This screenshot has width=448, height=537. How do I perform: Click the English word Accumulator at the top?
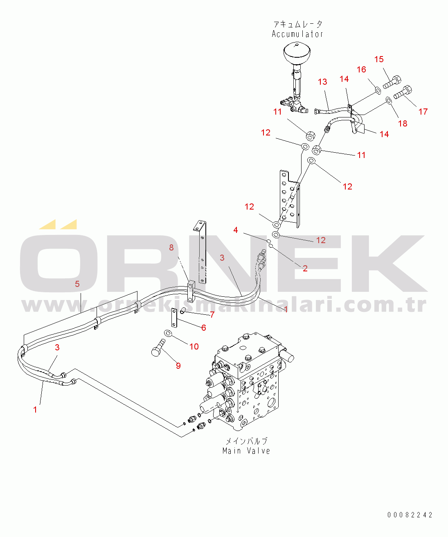[297, 34]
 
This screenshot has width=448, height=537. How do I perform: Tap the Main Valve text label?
[246, 451]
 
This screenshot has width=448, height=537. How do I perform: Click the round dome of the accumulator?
[297, 52]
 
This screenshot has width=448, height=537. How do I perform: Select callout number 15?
[379, 59]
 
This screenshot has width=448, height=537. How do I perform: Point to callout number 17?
[423, 111]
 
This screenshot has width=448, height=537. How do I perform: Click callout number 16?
[361, 70]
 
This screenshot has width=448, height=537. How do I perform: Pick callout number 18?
[403, 123]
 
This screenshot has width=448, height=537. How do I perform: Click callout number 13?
[322, 82]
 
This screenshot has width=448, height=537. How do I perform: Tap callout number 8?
[171, 248]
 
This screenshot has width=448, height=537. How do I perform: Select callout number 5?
[77, 284]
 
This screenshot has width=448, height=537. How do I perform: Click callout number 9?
[178, 366]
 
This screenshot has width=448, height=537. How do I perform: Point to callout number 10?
[194, 347]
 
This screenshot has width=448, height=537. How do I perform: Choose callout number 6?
[203, 327]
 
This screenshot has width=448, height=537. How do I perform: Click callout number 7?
[212, 315]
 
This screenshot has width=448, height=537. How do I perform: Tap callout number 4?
[236, 230]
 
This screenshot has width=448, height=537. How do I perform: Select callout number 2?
[305, 268]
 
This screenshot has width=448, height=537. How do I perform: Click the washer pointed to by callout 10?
[167, 333]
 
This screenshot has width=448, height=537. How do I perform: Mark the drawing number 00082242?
[410, 515]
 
